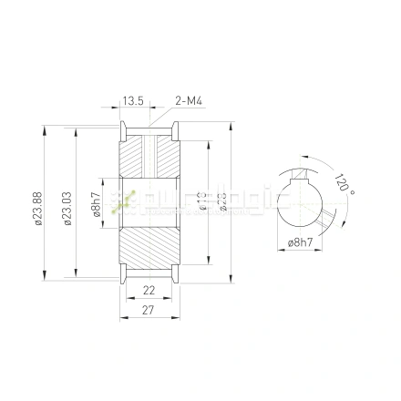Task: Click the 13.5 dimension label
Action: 134,101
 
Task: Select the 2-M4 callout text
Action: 188,101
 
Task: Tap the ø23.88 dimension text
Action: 37,208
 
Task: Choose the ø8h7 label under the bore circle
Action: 300,243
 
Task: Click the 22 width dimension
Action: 149,290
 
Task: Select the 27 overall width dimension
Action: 149,310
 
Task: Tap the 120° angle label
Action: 343,184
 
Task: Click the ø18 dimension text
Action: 203,202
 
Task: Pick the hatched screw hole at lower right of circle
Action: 324,218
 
